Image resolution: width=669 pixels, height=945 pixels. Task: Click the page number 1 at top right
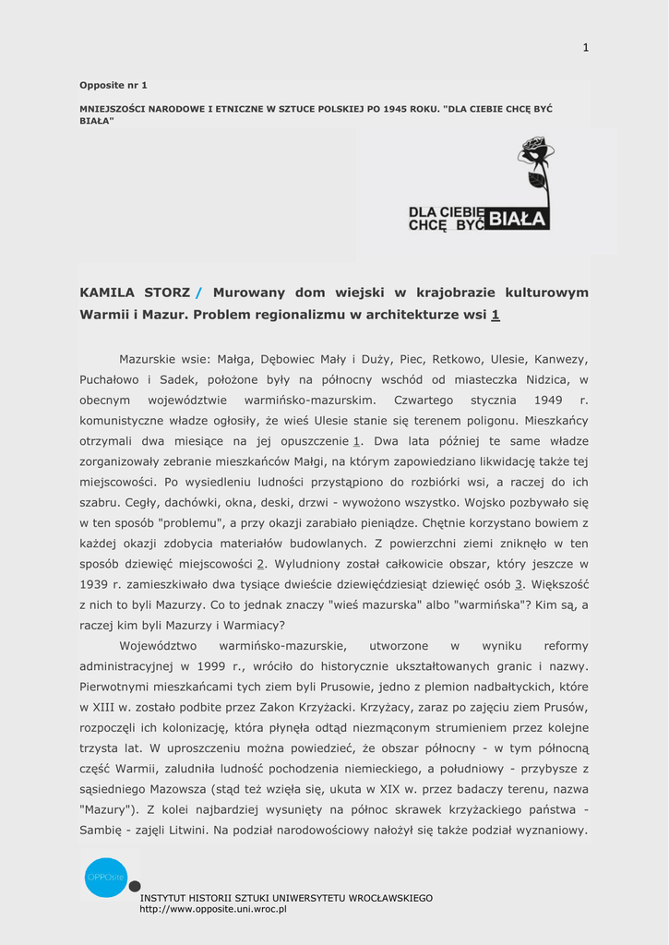[x=585, y=48]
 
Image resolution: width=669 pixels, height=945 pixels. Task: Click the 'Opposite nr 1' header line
[x=113, y=85]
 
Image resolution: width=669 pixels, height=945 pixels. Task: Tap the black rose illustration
[x=535, y=166]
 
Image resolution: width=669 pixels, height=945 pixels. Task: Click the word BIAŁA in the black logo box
[x=517, y=219]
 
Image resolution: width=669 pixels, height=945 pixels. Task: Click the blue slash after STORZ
[x=197, y=293]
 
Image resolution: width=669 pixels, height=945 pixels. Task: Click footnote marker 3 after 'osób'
[x=519, y=584]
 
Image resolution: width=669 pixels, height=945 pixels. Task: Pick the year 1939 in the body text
[x=95, y=584]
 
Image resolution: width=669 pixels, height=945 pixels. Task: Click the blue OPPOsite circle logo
[x=106, y=877]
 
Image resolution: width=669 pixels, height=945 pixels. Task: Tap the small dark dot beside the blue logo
[x=135, y=887]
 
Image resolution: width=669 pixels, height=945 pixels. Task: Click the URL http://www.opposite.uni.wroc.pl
[x=213, y=909]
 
